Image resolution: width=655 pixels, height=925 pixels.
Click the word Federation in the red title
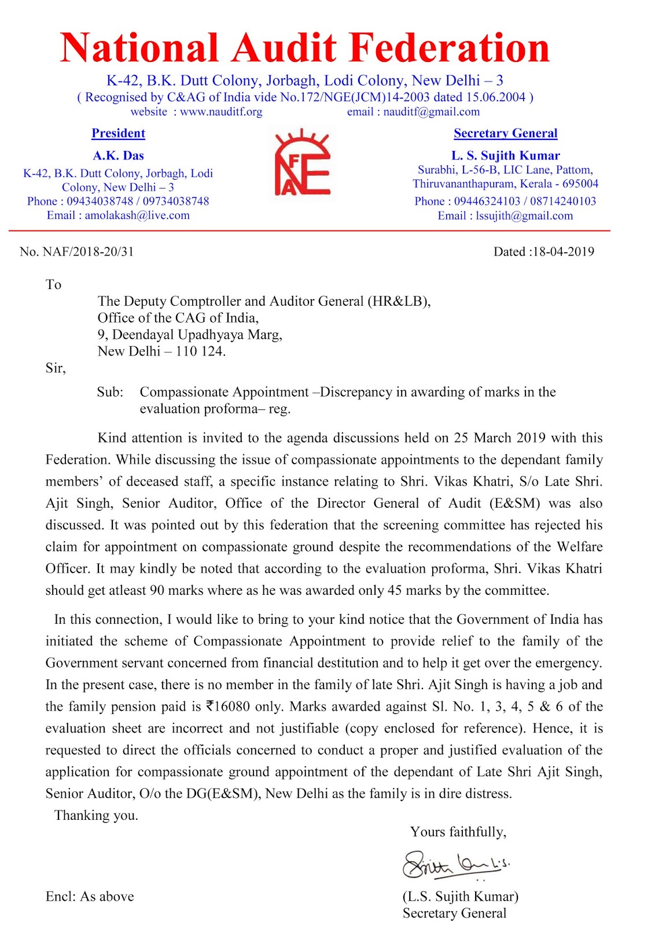(450, 48)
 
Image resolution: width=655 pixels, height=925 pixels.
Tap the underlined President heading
(118, 133)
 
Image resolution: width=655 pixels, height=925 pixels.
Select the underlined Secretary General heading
(505, 133)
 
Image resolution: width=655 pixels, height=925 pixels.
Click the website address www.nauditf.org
(221, 112)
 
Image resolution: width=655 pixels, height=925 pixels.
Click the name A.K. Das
(118, 156)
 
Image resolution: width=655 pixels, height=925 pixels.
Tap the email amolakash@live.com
(137, 215)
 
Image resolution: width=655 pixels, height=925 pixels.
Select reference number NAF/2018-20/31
(88, 251)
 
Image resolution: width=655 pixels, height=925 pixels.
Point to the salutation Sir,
(56, 368)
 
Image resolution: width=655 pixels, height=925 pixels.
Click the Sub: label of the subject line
(110, 392)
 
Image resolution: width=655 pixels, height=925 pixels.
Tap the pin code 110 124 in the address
(200, 351)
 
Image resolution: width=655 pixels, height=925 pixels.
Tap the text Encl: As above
(90, 897)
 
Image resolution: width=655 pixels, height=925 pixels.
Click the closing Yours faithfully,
(458, 832)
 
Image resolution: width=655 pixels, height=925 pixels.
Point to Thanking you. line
(96, 816)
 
